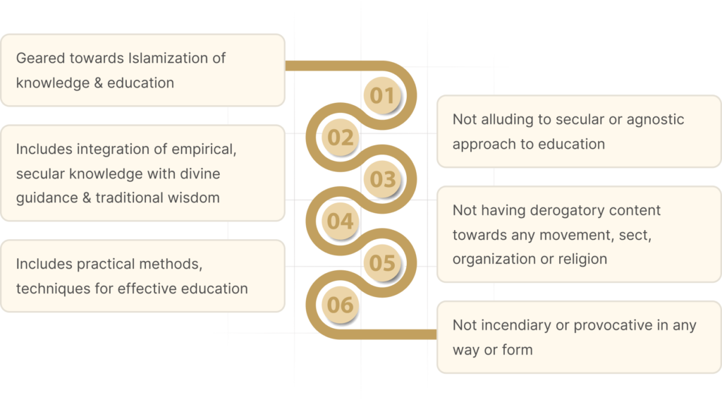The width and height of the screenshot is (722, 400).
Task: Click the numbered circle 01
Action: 382,95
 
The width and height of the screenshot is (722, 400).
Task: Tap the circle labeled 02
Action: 340,137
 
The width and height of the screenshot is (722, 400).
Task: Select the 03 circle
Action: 383,179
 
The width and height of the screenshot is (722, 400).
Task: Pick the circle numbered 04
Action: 340,222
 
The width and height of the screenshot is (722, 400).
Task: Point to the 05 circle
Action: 383,263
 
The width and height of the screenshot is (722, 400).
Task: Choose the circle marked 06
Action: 340,305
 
